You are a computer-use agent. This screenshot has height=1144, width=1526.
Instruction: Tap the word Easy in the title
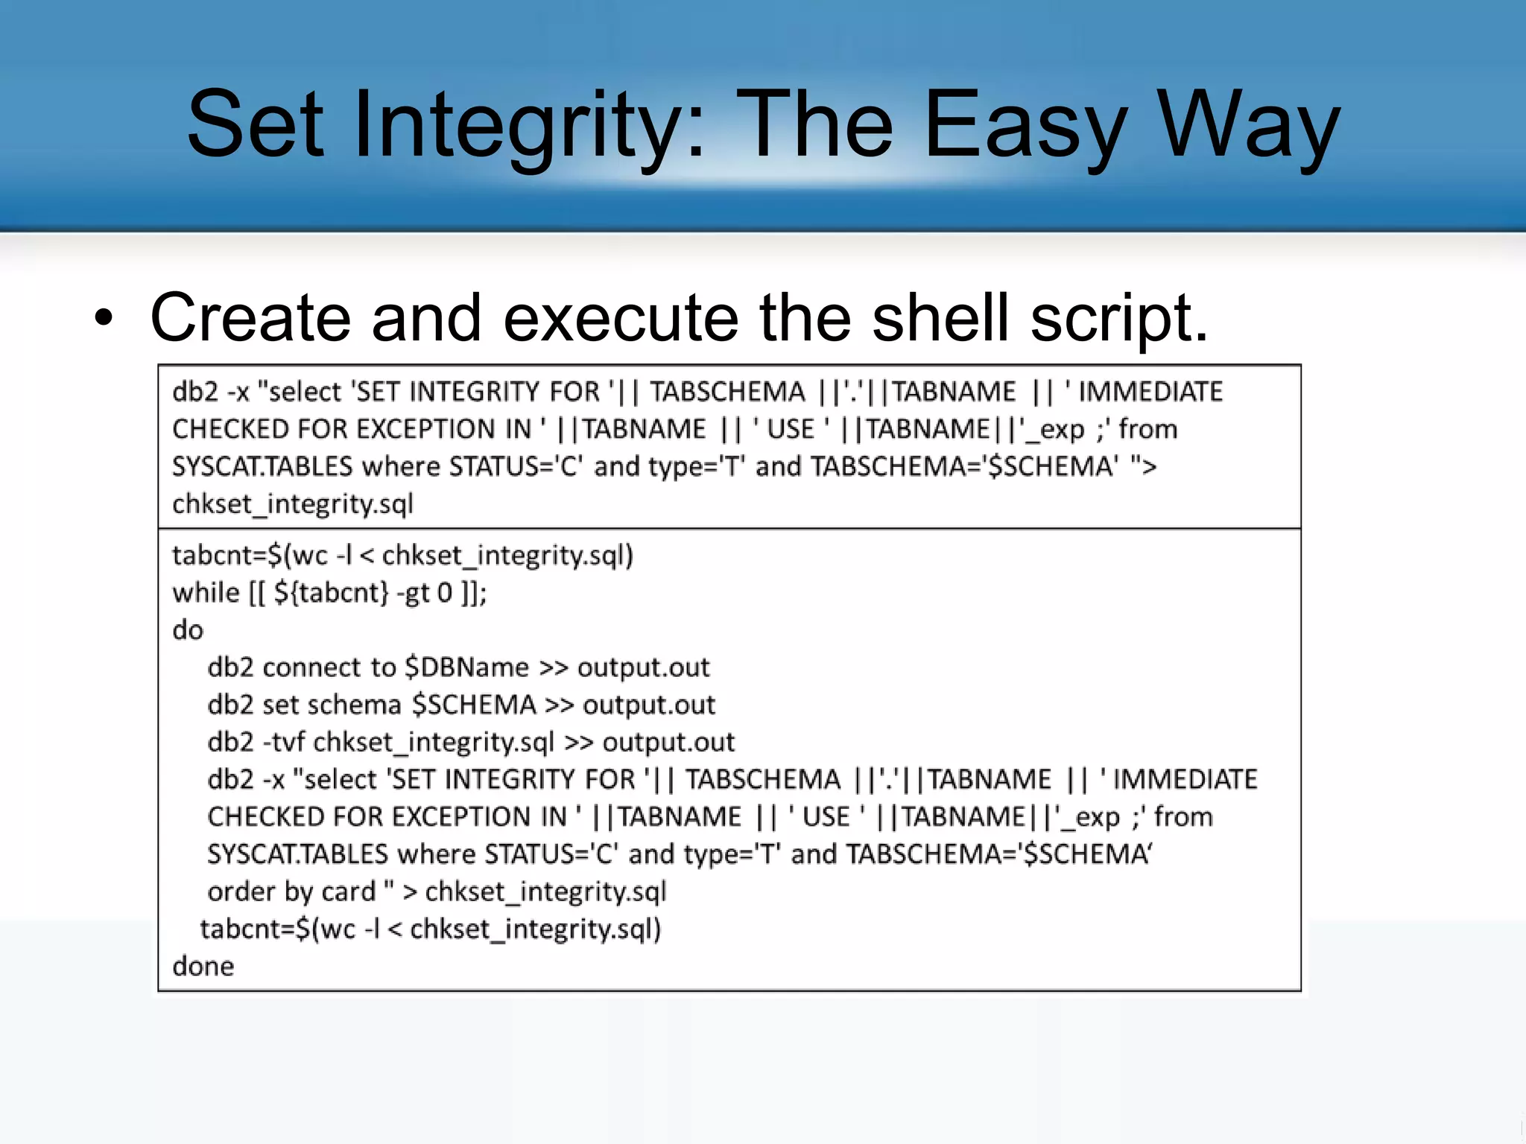click(x=1025, y=125)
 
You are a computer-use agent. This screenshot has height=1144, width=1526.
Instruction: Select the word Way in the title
click(x=1248, y=125)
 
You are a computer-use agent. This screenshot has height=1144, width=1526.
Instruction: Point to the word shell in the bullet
click(x=940, y=318)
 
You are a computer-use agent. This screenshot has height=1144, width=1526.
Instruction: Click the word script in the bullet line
click(x=1118, y=318)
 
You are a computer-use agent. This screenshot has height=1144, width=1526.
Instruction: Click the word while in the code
click(x=206, y=593)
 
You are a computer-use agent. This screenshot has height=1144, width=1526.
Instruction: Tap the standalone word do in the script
click(x=188, y=630)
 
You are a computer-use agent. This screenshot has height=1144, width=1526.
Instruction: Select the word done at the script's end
click(x=203, y=966)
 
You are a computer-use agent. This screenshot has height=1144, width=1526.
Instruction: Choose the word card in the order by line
click(x=349, y=892)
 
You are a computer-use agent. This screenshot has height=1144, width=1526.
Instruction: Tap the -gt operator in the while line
click(x=414, y=594)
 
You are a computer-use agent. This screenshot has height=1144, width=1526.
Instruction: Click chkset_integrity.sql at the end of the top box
click(x=293, y=504)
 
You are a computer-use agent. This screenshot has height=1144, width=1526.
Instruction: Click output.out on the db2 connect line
click(x=644, y=667)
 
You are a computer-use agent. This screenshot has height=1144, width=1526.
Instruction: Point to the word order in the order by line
click(x=241, y=892)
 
